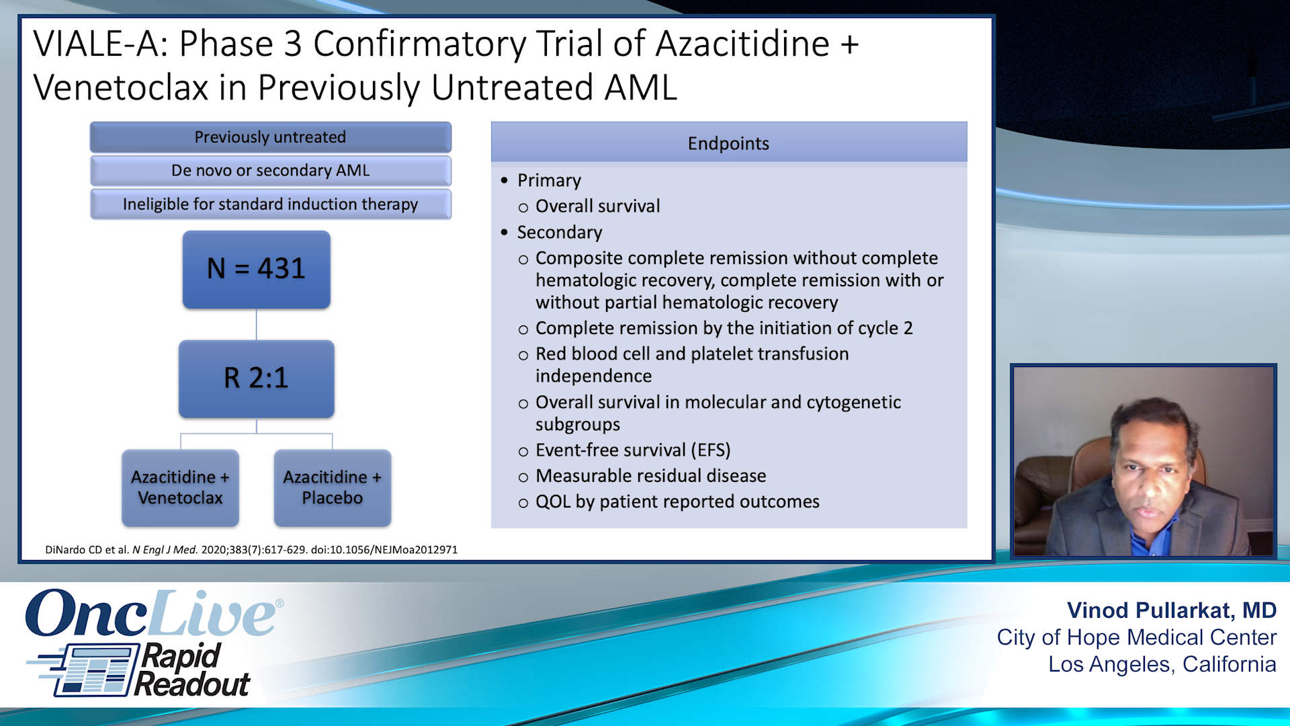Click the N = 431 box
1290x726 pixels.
click(256, 270)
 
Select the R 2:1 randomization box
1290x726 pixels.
click(256, 378)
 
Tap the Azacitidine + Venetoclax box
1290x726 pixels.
click(180, 487)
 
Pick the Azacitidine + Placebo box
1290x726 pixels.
click(332, 487)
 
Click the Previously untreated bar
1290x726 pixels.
click(270, 137)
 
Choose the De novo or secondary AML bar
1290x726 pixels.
click(270, 171)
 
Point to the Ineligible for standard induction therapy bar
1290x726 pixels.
click(270, 204)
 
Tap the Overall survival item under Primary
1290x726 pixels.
click(597, 206)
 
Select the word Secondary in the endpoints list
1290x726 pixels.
click(559, 233)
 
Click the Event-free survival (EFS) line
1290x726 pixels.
click(632, 450)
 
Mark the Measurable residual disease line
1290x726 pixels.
click(650, 476)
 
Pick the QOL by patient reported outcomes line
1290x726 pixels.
click(677, 502)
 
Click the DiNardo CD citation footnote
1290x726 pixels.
click(251, 550)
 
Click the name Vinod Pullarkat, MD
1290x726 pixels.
click(1171, 610)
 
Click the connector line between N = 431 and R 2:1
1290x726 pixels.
click(256, 325)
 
